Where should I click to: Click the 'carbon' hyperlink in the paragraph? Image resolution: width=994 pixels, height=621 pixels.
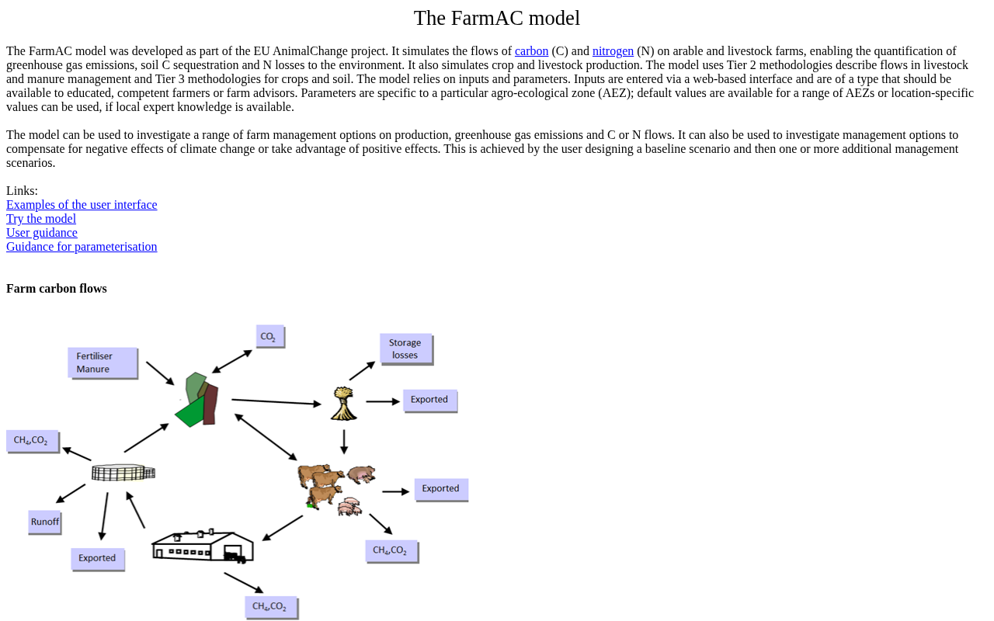click(531, 51)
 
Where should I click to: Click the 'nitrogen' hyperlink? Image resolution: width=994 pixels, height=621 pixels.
click(613, 51)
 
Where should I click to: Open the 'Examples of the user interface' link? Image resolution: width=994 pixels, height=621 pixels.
click(82, 205)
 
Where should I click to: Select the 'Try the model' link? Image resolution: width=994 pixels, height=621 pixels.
click(41, 219)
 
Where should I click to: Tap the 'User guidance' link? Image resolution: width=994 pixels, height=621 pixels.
click(42, 233)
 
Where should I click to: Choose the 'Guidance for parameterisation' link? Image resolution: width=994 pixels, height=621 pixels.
click(82, 247)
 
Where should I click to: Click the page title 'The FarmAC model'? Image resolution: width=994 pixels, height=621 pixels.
click(497, 18)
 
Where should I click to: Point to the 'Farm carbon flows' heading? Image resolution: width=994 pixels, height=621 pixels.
click(57, 289)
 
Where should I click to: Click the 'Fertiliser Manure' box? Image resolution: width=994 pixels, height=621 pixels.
click(102, 363)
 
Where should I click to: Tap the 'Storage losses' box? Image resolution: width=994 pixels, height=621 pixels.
click(405, 349)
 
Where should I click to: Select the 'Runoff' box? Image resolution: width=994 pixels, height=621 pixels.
click(45, 522)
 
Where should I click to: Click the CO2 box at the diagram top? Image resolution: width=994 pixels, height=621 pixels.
click(269, 336)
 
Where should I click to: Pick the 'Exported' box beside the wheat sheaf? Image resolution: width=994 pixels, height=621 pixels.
click(429, 400)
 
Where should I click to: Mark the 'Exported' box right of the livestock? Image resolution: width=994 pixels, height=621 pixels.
click(440, 489)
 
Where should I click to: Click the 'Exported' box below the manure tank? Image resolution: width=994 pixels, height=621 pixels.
click(97, 558)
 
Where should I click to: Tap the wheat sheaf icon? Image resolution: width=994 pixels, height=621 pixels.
click(343, 404)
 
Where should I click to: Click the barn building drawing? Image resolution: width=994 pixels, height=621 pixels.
click(203, 546)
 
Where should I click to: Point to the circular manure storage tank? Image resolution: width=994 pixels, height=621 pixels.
click(123, 472)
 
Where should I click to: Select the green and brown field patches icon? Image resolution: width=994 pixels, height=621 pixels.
click(198, 400)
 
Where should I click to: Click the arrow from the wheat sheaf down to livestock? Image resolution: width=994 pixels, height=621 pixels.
click(344, 442)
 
